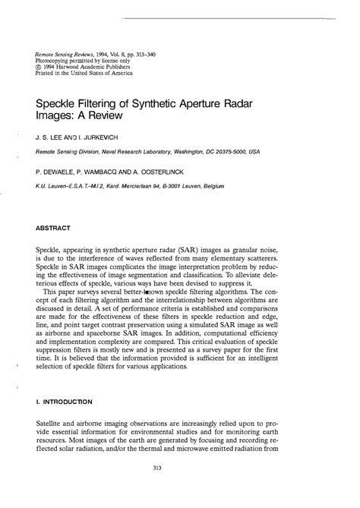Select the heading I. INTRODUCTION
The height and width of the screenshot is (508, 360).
[x=65, y=401]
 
